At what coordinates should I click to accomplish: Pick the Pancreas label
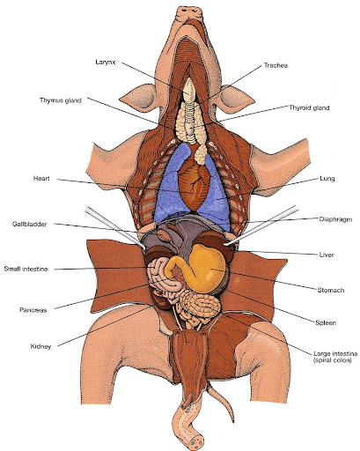pos(34,310)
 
